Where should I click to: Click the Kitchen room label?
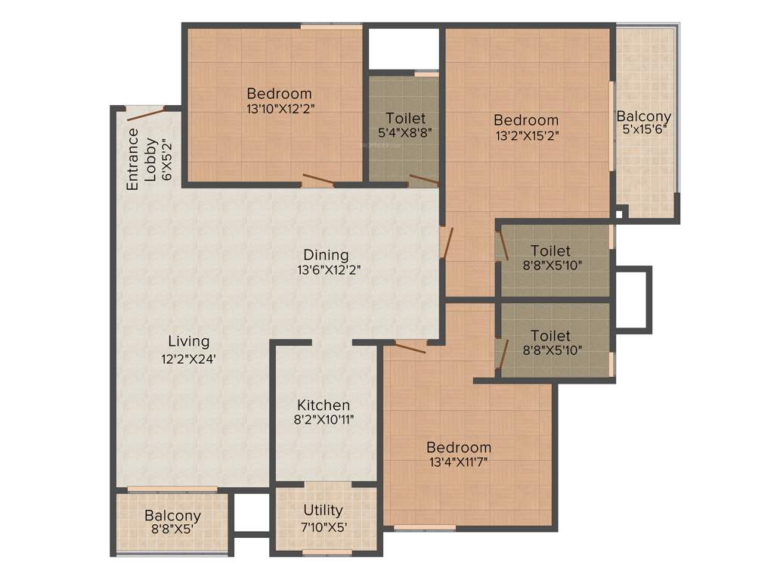pos(323,405)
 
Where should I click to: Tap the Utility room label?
pos(323,510)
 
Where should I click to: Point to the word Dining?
pos(326,254)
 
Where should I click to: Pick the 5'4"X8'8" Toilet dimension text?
pos(405,132)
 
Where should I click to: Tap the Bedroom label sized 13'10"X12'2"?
pos(279,94)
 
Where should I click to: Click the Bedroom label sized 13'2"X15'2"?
pos(526,120)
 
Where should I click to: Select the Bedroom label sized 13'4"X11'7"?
pos(458,447)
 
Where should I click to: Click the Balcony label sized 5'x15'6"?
pos(643,117)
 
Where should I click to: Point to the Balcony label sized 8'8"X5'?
pos(172,516)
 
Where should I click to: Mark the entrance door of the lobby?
pos(146,115)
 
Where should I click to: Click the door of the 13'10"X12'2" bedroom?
pos(317,180)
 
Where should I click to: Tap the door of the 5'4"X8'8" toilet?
pos(423,180)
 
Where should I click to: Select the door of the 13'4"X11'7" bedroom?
pos(410,348)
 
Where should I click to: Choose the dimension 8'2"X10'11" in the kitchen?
pos(323,419)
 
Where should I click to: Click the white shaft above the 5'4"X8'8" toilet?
pos(404,50)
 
